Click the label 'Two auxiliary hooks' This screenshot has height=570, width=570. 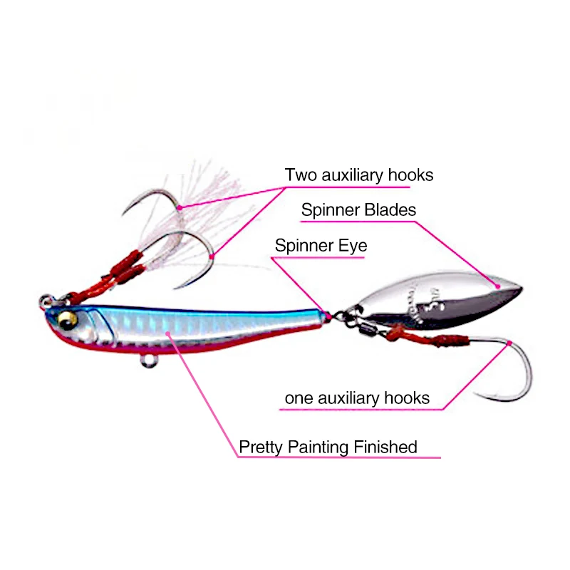pyautogui.click(x=358, y=175)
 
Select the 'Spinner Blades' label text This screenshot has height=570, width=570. pyautogui.click(x=358, y=210)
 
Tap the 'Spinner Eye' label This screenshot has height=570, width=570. pyautogui.click(x=321, y=247)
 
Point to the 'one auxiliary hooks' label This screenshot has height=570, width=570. pyautogui.click(x=357, y=398)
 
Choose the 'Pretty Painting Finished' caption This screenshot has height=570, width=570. pyautogui.click(x=328, y=447)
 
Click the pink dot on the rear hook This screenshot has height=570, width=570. pyautogui.click(x=511, y=343)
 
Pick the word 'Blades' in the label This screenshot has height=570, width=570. pyautogui.click(x=392, y=210)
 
